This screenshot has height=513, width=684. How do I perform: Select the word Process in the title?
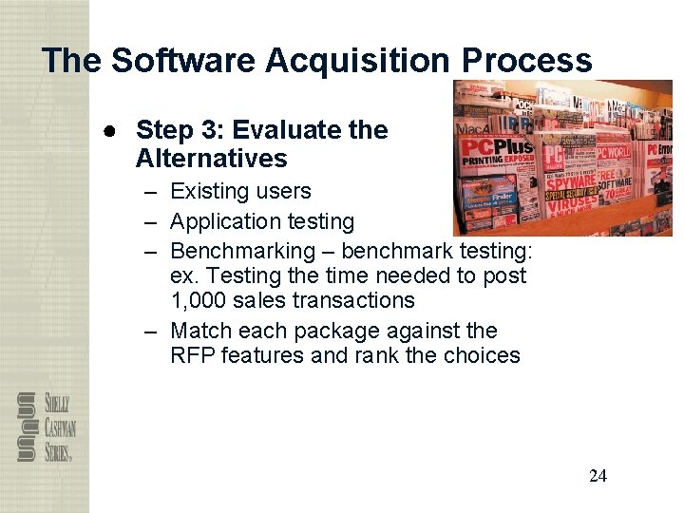pyautogui.click(x=526, y=61)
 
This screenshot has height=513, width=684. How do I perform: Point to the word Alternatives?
pyautogui.click(x=211, y=158)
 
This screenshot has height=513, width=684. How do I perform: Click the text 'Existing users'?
pyautogui.click(x=240, y=191)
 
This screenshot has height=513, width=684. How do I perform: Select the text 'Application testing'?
pyautogui.click(x=262, y=221)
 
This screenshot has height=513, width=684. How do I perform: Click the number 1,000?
pyautogui.click(x=201, y=300)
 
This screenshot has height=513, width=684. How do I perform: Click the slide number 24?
pyautogui.click(x=598, y=476)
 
